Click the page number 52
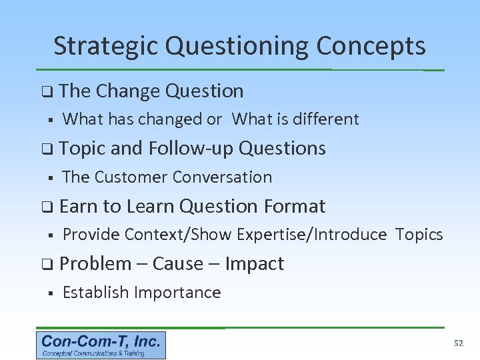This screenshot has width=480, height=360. click(458, 343)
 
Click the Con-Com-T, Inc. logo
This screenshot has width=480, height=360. click(101, 345)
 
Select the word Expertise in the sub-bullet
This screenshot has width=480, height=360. click(274, 235)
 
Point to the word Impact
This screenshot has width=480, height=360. click(255, 264)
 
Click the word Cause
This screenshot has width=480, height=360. click(177, 264)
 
